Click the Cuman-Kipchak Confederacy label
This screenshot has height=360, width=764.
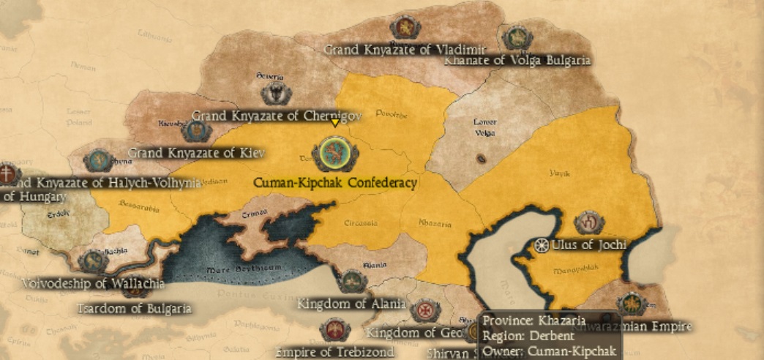(x=334, y=183)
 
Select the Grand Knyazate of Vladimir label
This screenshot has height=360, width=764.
(x=405, y=50)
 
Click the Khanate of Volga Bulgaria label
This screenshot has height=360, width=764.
(x=517, y=60)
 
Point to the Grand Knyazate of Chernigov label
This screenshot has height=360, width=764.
(x=277, y=116)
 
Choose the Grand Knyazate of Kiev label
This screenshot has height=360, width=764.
(x=196, y=153)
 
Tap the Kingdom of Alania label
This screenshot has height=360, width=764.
(x=351, y=304)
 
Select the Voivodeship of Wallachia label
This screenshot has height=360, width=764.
(x=93, y=283)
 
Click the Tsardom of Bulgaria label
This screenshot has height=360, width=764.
(x=135, y=308)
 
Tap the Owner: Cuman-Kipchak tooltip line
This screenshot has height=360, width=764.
(x=550, y=351)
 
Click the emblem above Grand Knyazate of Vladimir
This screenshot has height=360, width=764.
(x=405, y=28)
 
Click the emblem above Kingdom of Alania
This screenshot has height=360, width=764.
(x=353, y=280)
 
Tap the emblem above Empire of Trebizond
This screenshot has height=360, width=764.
(x=334, y=330)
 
